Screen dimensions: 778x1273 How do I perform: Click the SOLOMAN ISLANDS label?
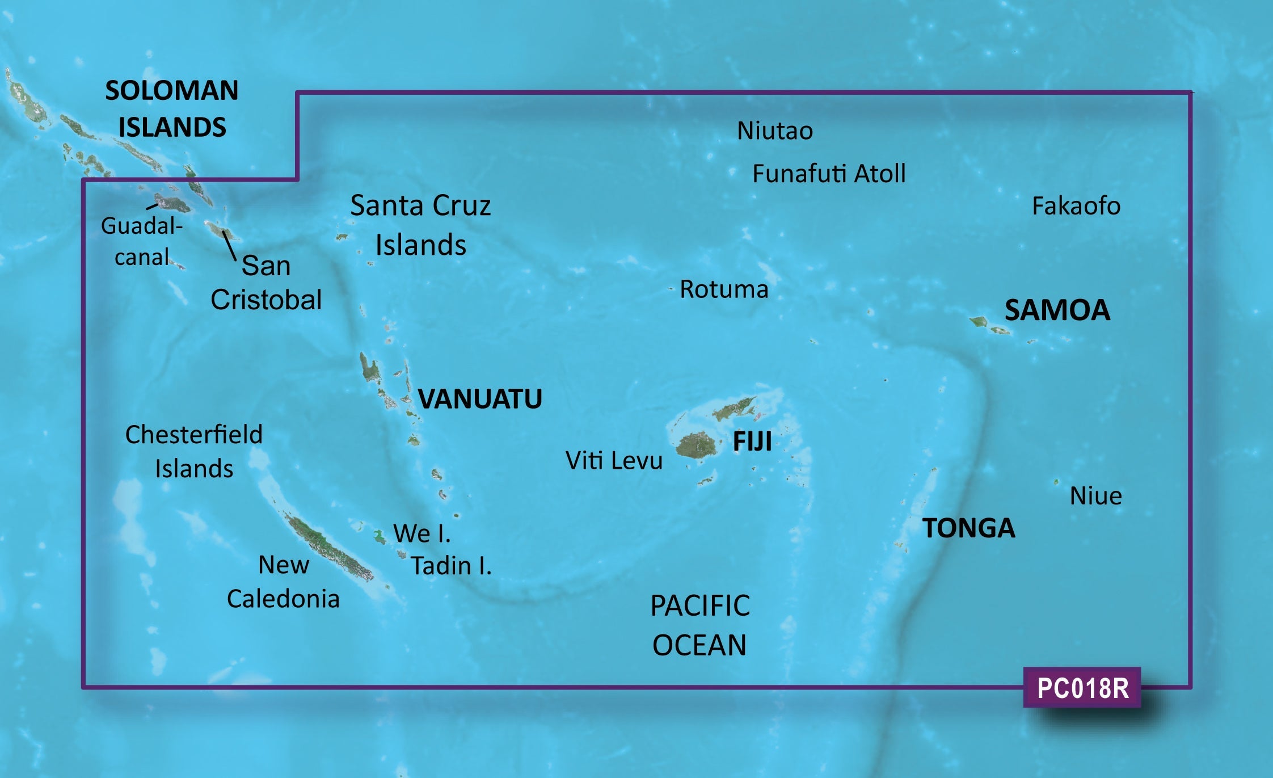pos(171,108)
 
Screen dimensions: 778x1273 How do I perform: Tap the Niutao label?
pos(774,131)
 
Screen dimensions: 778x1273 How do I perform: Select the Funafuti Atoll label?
pos(828,174)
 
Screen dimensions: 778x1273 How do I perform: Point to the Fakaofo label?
pos(1076,206)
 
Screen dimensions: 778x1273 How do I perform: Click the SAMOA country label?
pos(1057,310)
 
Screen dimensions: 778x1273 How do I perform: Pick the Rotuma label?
pos(724,289)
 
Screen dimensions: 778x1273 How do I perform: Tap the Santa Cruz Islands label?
pos(420,225)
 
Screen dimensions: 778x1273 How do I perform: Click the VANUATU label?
pos(480,399)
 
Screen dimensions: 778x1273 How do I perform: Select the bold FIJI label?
pos(752,441)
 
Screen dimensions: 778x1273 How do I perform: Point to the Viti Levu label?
pos(614,461)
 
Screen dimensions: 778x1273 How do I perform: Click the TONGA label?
pos(968,528)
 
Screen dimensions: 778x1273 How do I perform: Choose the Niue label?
pos(1095,496)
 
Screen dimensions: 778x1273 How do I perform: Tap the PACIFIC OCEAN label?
pos(699,625)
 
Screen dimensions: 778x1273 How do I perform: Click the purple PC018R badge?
pos(1082,688)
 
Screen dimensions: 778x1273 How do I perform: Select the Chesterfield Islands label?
pos(193,452)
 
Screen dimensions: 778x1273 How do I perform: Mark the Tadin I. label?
pos(451,566)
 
